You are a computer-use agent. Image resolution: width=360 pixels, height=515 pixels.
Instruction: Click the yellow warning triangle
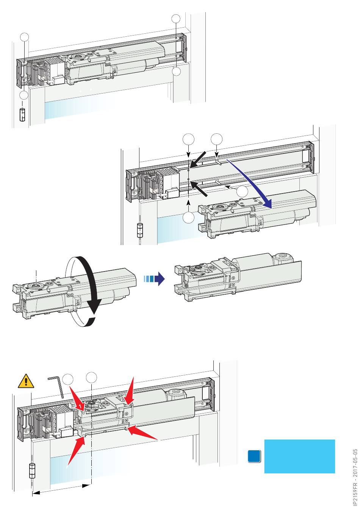coord(25,381)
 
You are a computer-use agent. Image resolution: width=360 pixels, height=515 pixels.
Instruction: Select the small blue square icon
coord(254,456)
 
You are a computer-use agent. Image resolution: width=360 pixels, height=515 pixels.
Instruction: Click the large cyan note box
coord(299,456)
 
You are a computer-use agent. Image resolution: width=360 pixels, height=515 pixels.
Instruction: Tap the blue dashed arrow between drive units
coord(155,279)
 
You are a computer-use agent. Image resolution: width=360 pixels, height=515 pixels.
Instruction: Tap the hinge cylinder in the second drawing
coord(140,230)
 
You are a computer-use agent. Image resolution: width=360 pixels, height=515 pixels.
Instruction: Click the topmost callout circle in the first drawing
coord(176,19)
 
